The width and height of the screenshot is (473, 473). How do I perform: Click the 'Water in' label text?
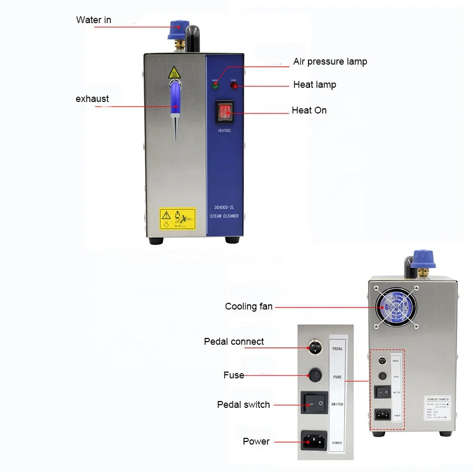[94, 20]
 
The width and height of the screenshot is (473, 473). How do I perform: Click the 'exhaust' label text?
[92, 98]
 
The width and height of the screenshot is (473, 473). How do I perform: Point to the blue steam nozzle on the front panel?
[175, 97]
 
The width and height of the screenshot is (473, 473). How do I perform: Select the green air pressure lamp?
[215, 86]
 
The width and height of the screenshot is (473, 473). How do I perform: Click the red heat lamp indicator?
[233, 86]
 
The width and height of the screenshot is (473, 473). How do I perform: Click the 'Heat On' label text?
[309, 110]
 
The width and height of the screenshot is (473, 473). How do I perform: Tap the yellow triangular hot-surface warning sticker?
[174, 73]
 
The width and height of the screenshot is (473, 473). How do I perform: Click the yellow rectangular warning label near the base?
[177, 218]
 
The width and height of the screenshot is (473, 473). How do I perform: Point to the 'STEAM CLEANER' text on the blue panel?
[224, 216]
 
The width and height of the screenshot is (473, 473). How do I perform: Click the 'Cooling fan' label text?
[249, 306]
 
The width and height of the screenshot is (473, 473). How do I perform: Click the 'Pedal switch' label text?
[243, 405]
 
